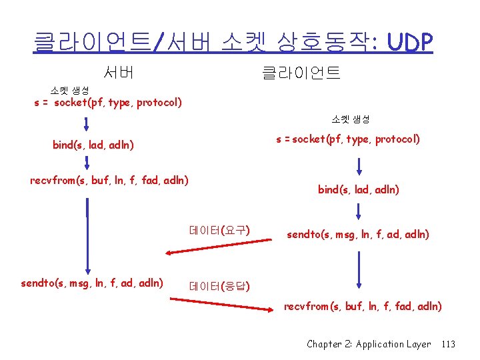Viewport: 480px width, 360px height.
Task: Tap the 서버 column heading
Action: tap(119, 71)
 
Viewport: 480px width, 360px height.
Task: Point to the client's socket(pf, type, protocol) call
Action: tap(347, 139)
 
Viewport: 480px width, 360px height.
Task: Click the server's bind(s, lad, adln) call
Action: tap(93, 144)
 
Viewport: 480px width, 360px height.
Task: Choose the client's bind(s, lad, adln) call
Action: tap(358, 189)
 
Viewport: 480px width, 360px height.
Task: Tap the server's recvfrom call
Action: tap(109, 179)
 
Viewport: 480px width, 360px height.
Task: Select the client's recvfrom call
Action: tap(363, 306)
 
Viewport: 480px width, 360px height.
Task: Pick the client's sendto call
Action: tap(357, 234)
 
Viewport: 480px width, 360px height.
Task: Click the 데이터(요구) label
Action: tap(219, 231)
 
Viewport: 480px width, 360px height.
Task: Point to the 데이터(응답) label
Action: tap(219, 287)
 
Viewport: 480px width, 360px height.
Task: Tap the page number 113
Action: tap(448, 344)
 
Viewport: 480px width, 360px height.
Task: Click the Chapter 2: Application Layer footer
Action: tap(369, 344)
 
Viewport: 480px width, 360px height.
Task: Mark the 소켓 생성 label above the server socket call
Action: tap(69, 90)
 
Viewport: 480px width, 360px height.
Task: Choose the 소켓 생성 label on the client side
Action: tap(351, 119)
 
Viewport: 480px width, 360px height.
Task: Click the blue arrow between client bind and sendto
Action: tap(359, 209)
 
